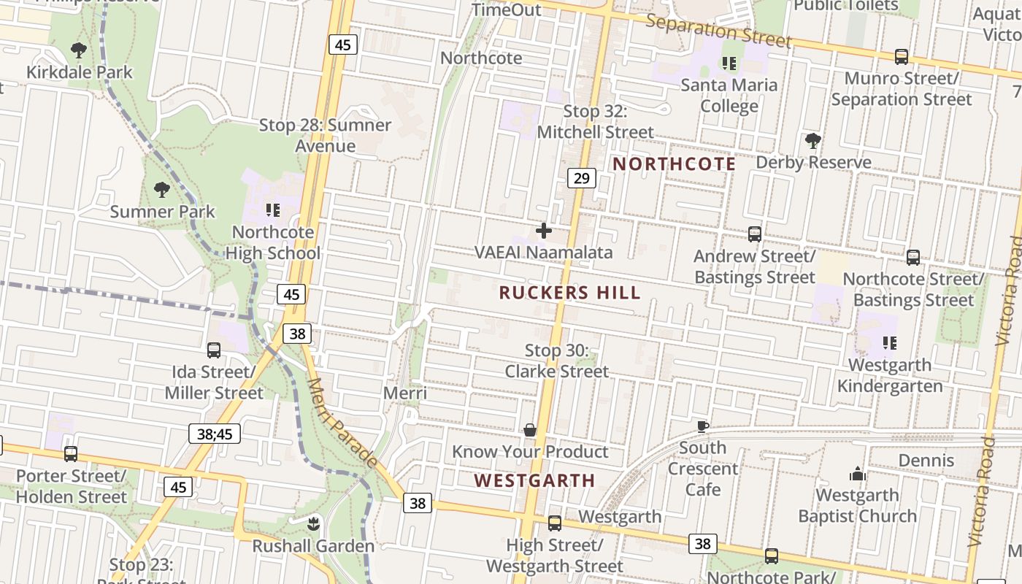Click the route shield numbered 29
click(x=581, y=178)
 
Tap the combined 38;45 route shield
click(x=215, y=434)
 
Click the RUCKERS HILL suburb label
click(x=569, y=293)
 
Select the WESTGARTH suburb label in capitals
click(x=534, y=480)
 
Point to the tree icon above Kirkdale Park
click(x=79, y=50)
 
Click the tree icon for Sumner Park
click(x=162, y=190)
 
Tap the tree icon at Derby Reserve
click(x=812, y=140)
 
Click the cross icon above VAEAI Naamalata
click(x=544, y=231)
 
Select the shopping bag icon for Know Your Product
click(x=530, y=430)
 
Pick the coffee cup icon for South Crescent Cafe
click(x=702, y=426)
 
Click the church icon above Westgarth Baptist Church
click(x=857, y=474)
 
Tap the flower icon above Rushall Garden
click(x=313, y=523)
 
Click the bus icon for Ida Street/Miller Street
click(x=214, y=350)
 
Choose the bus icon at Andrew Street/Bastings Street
click(x=755, y=234)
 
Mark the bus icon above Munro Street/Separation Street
click(x=902, y=56)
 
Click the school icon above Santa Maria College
click(x=729, y=64)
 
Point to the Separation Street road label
click(x=718, y=30)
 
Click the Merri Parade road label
click(x=342, y=423)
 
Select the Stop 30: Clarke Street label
click(x=556, y=361)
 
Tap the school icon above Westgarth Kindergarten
click(x=889, y=342)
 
